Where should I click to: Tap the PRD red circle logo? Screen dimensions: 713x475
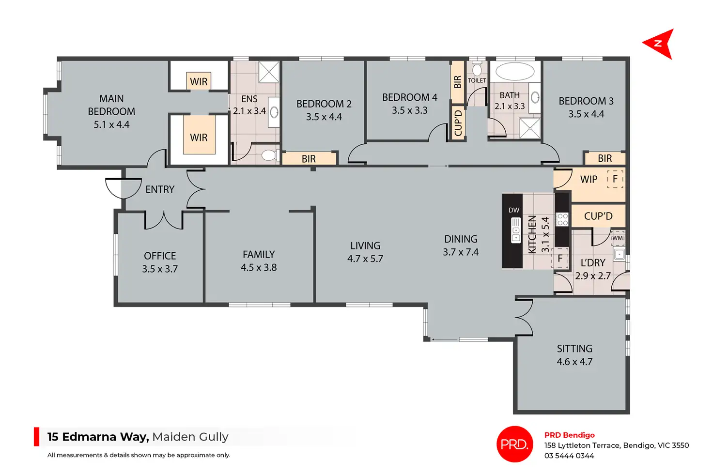tap(514, 444)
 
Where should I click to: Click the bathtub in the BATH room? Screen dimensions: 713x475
tap(515, 71)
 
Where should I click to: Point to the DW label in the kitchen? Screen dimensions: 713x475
tap(514, 210)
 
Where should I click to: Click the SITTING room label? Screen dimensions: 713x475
tap(574, 349)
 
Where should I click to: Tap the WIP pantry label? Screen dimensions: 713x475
tap(589, 180)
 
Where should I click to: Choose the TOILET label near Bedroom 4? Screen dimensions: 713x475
tap(477, 81)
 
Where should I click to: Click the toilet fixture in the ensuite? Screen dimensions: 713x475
tap(268, 155)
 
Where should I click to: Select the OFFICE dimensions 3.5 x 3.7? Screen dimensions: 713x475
tap(160, 269)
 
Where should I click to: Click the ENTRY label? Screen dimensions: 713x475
tap(160, 189)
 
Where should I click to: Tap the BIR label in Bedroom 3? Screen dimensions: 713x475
tap(604, 158)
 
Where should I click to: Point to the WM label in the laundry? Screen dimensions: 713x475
tap(618, 238)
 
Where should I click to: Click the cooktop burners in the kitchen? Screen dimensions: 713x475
tap(562, 219)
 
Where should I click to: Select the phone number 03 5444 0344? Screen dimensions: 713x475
tap(569, 456)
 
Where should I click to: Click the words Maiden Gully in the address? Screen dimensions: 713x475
tap(190, 437)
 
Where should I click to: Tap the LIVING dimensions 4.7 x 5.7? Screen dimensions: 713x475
tap(365, 259)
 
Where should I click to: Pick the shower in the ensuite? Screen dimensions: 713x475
tap(268, 72)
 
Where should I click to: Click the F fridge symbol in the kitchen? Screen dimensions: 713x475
tap(560, 259)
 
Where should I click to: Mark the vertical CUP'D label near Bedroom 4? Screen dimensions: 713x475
tap(458, 123)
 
